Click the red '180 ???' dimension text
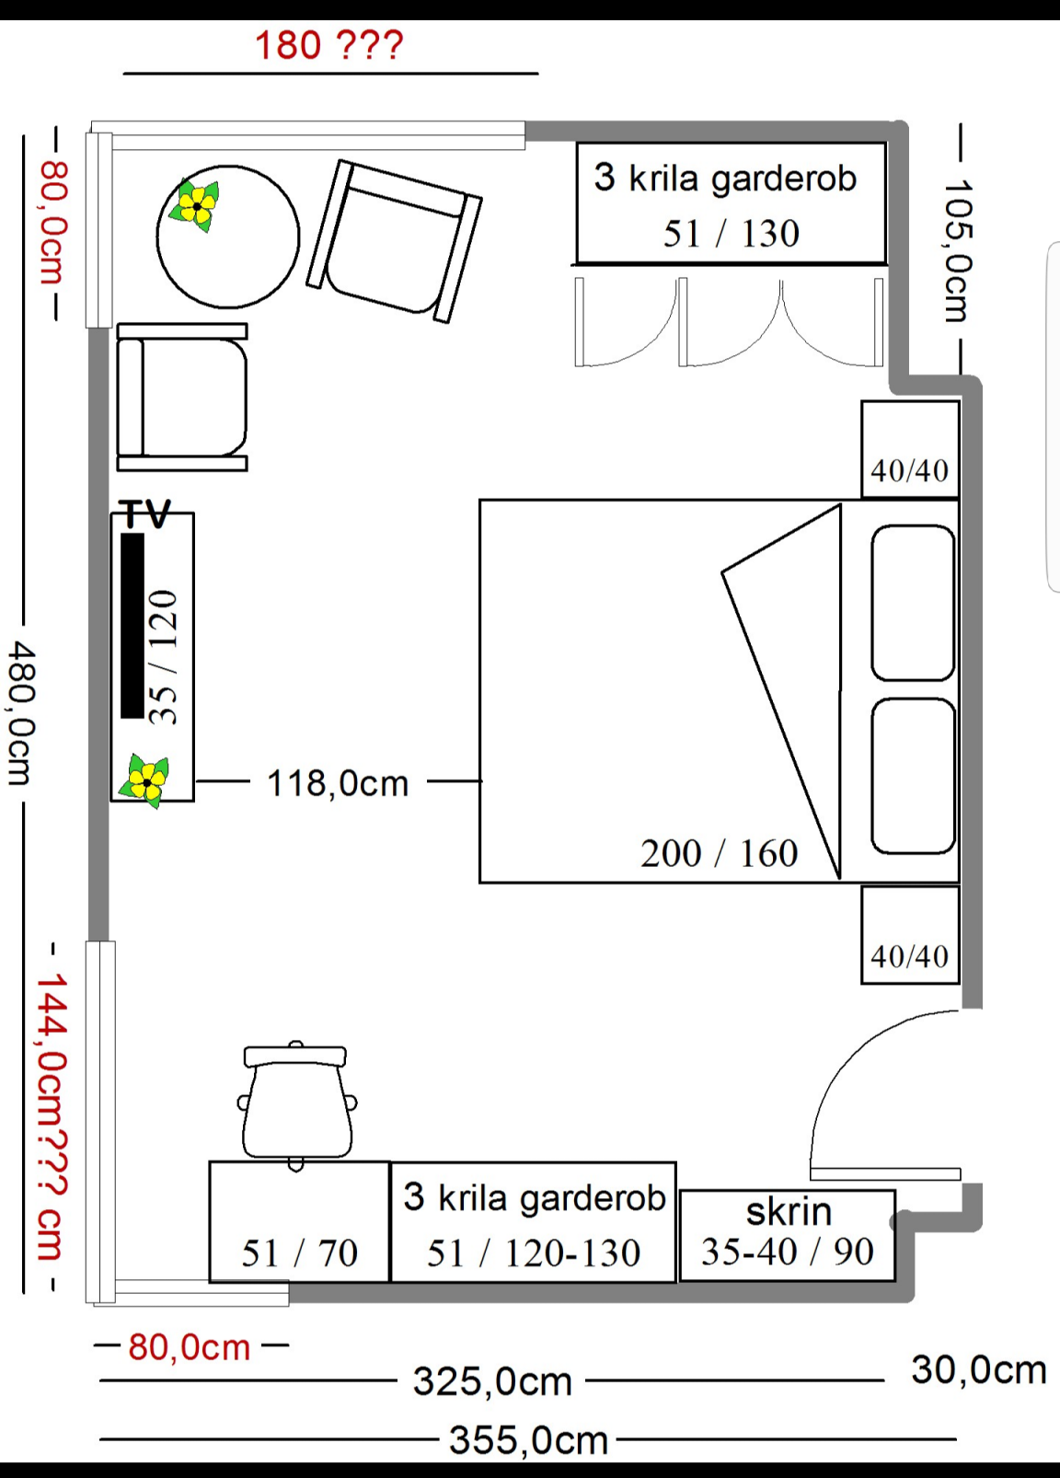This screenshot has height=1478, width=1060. pyautogui.click(x=328, y=45)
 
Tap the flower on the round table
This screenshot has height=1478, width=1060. pyautogui.click(x=194, y=206)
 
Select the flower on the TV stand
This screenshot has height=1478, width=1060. pyautogui.click(x=144, y=780)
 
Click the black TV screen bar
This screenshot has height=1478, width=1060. pyautogui.click(x=132, y=626)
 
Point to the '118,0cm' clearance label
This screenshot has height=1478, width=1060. pyautogui.click(x=337, y=783)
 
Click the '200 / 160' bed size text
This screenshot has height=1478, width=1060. pyautogui.click(x=719, y=853)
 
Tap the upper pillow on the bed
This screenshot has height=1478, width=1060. pyautogui.click(x=913, y=603)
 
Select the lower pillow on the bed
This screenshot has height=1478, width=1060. pyautogui.click(x=913, y=776)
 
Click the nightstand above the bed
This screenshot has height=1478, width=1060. pyautogui.click(x=910, y=449)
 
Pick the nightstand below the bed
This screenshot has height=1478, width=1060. pyautogui.click(x=910, y=935)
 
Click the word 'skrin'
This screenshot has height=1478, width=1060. pyautogui.click(x=789, y=1211)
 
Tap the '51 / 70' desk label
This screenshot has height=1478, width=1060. pyautogui.click(x=299, y=1253)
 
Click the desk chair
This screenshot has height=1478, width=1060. pyautogui.click(x=297, y=1105)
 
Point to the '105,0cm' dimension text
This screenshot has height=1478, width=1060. pyautogui.click(x=957, y=250)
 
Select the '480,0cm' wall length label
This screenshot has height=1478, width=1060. pyautogui.click(x=20, y=714)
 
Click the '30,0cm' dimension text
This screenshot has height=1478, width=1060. pyautogui.click(x=979, y=1369)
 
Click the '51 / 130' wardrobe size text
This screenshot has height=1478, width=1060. pyautogui.click(x=731, y=233)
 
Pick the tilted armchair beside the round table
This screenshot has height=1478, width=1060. pyautogui.click(x=395, y=241)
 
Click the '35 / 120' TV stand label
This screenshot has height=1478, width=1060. pyautogui.click(x=164, y=657)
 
